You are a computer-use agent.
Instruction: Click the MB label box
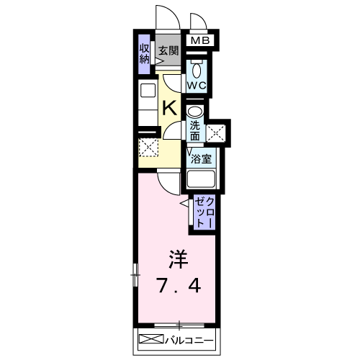coord(200,40)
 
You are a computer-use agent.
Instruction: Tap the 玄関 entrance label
coord(168,50)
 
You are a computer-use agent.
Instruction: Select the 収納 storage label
coord(145,54)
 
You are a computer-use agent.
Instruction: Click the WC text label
coord(197,85)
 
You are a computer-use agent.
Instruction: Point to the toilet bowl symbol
coord(197,70)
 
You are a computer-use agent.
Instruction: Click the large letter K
coord(170,108)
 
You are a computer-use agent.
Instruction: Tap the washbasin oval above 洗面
coord(195,112)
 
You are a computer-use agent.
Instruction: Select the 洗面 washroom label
coord(195,131)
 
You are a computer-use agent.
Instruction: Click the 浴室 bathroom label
coord(201,159)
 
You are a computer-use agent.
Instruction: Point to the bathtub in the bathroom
coord(201,179)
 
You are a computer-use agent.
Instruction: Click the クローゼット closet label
coord(204,212)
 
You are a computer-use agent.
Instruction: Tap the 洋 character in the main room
coord(179,259)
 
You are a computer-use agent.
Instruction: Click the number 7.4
coord(179,286)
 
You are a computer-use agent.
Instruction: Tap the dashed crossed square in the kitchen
coord(148,148)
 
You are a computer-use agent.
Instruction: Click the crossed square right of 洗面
coord(216,133)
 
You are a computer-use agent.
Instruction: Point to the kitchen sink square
coord(148,91)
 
